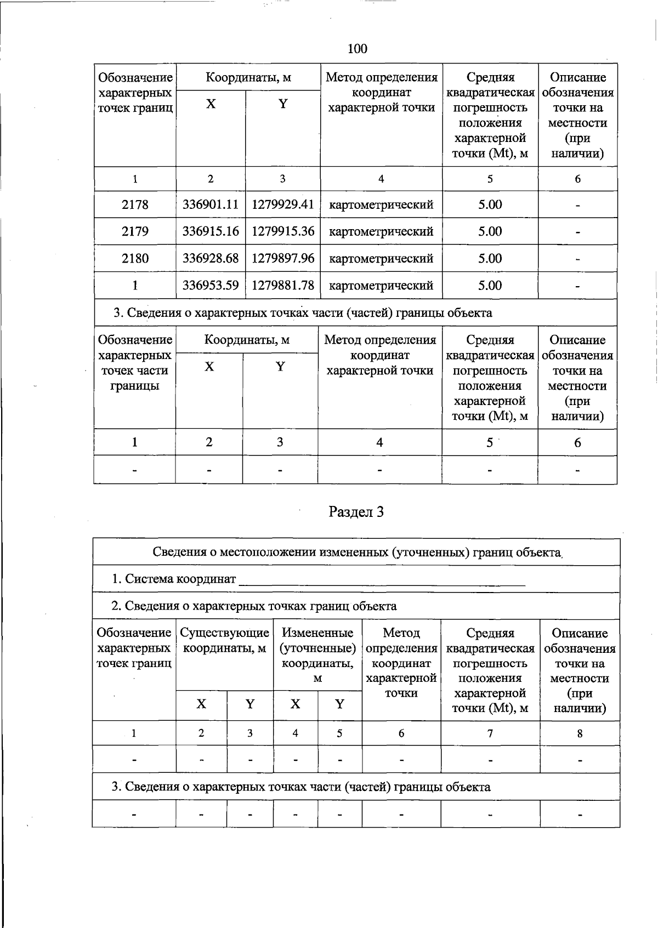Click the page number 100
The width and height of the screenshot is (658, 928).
(x=357, y=49)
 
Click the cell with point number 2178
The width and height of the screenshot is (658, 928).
(x=135, y=204)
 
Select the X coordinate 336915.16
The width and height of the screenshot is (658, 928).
(x=211, y=231)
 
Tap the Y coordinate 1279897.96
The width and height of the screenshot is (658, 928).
(x=283, y=258)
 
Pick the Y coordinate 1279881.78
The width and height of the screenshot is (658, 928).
(x=283, y=285)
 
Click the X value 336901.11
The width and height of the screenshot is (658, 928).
(x=211, y=204)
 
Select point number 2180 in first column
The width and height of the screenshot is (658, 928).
(x=135, y=258)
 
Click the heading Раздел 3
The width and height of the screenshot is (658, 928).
(x=356, y=512)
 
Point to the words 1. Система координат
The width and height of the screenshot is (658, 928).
(x=174, y=579)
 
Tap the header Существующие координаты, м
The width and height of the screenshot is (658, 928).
(x=224, y=641)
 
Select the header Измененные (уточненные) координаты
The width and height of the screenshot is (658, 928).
(x=317, y=655)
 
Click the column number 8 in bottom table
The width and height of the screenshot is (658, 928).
(x=580, y=733)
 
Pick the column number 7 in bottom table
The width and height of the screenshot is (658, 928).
(x=490, y=733)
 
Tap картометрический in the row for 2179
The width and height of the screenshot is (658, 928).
(x=381, y=231)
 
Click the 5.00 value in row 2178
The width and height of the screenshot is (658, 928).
(x=490, y=204)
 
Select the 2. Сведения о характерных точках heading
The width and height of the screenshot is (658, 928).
(x=254, y=606)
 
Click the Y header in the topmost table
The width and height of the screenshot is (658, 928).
(x=283, y=104)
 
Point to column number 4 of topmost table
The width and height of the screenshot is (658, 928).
(x=381, y=179)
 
